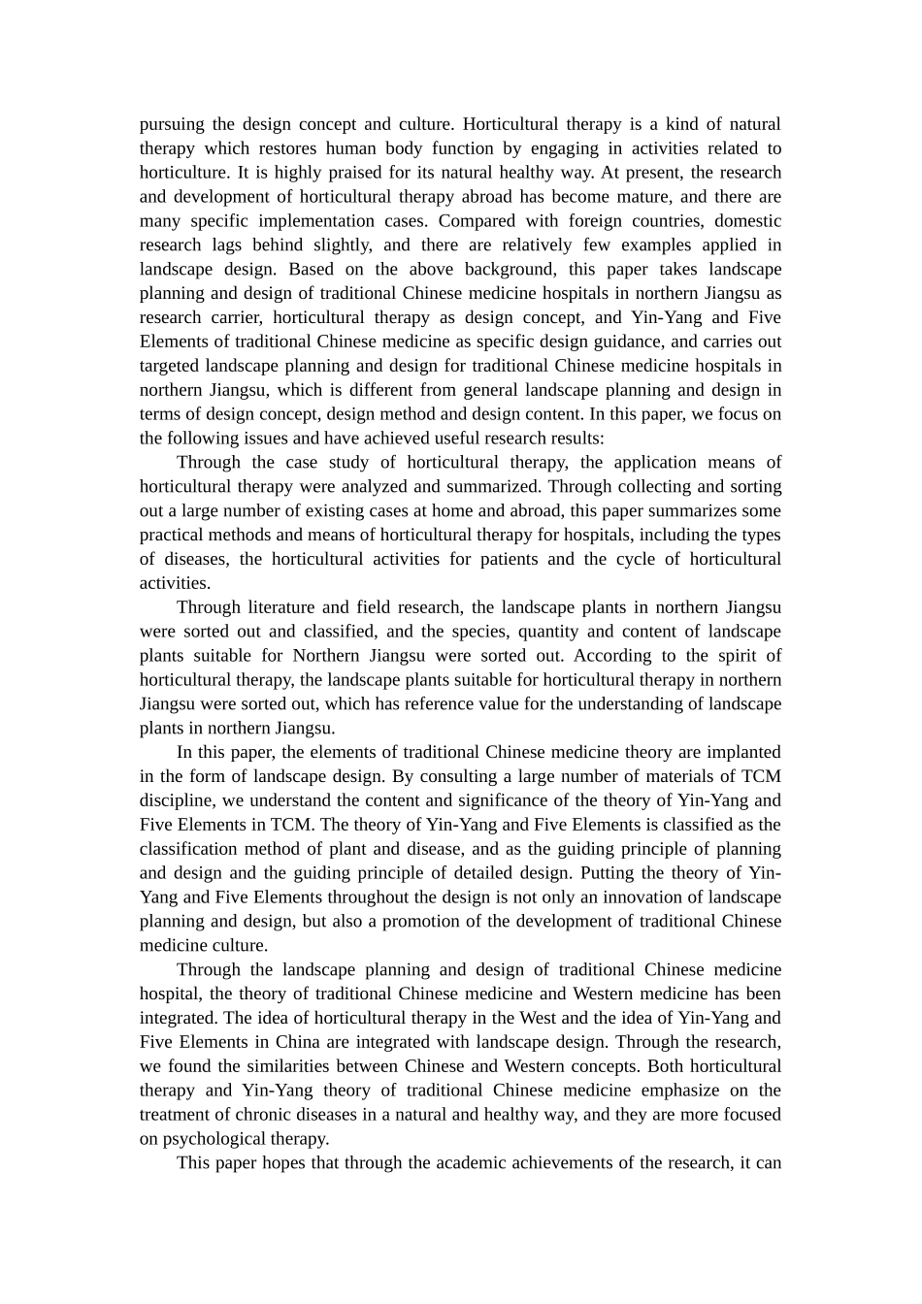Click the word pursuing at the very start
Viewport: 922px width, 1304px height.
[172, 124]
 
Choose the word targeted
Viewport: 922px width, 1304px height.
[169, 366]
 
